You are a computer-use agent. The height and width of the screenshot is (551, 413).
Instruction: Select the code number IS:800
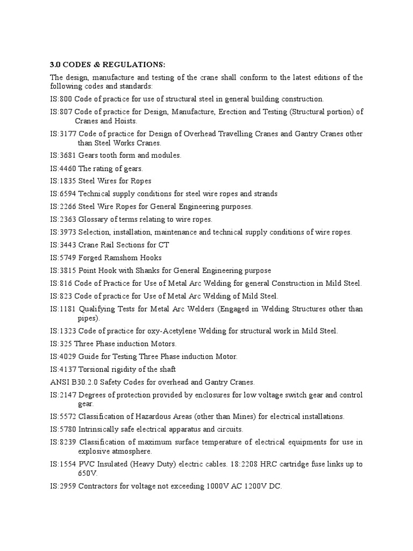[61, 99]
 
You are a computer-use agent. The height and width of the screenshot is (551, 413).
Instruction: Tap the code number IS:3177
[63, 133]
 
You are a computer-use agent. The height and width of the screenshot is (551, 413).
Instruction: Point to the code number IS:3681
[63, 155]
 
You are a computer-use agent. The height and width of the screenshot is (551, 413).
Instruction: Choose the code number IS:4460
[63, 168]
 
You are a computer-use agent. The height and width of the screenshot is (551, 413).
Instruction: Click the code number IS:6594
[63, 194]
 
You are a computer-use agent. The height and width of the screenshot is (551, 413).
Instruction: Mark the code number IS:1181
[63, 309]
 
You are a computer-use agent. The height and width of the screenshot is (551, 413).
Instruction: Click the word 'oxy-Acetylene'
[152, 331]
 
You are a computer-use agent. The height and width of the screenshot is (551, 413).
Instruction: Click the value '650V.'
[88, 474]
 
